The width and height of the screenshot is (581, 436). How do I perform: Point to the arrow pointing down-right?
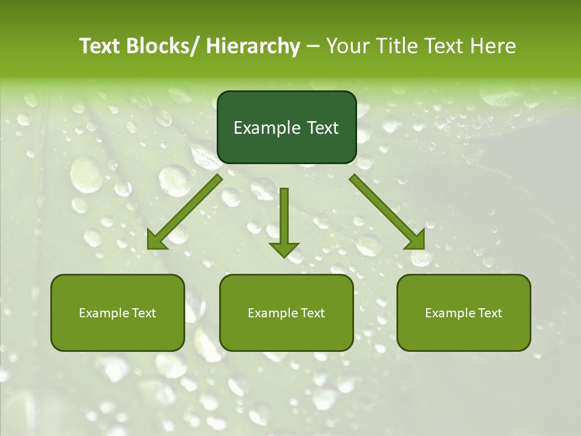coord(387,211)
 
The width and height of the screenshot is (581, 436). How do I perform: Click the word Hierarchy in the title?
coord(253,46)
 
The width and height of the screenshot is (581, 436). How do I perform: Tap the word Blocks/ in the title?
coord(166,46)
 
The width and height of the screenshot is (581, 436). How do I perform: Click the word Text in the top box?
coord(321,128)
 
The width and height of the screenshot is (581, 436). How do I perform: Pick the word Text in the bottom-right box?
coord(489,313)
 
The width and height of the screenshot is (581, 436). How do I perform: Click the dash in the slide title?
coord(313,46)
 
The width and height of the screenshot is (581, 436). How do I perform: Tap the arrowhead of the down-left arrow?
coord(156,241)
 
